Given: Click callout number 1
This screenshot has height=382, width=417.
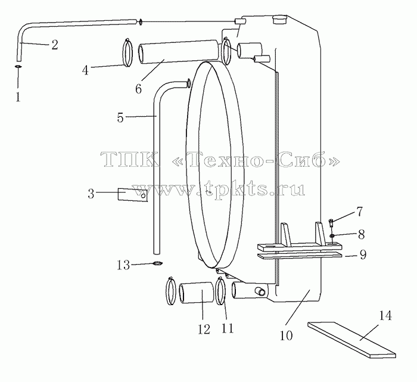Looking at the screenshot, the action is coord(18,97).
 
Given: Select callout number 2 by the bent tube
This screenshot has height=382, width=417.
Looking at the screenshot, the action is coord(55,45).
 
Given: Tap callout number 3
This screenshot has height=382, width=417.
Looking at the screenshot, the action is coord(91,194).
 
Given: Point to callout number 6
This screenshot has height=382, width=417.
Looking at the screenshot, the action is coord(138,89).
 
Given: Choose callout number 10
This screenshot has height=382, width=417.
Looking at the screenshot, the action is coord(286,336).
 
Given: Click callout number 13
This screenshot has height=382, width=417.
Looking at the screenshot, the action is coord(123,265).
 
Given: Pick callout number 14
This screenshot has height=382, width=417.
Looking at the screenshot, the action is coord(385,316).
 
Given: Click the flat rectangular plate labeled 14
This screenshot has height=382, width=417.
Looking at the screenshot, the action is coord(352,340).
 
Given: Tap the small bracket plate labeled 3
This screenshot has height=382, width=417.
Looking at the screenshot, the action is coord(132,195).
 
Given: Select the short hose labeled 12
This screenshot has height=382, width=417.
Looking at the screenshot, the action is coord(197,293).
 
